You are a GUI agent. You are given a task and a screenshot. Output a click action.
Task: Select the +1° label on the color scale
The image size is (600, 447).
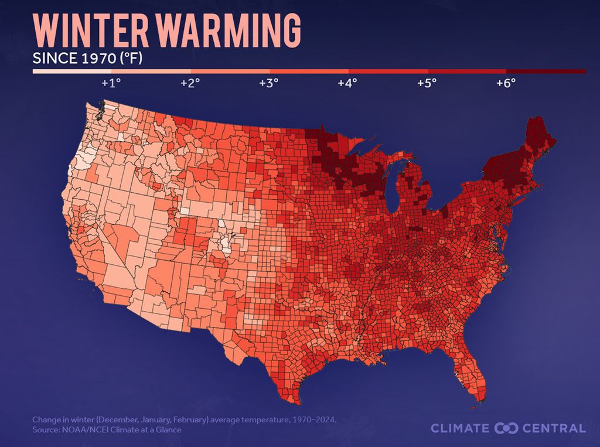[x=111, y=83]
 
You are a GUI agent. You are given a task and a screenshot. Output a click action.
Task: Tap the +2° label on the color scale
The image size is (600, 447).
[x=190, y=83]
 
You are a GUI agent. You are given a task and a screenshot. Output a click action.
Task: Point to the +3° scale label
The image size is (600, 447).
[x=268, y=83]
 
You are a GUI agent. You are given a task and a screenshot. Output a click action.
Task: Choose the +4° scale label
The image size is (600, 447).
[x=347, y=83]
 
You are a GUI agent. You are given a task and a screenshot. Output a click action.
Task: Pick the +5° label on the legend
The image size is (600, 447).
[x=427, y=83]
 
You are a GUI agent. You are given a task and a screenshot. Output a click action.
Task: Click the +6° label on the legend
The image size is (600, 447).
[x=506, y=83]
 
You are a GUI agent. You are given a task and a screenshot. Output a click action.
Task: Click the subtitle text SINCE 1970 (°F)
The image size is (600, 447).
[x=88, y=59]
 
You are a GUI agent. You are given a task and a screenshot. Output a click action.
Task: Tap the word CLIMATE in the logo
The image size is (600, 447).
[x=459, y=428]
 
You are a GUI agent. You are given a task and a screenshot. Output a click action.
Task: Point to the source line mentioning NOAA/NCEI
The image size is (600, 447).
[x=107, y=430]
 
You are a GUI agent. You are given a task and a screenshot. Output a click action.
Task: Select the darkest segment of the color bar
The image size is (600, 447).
[x=553, y=71]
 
